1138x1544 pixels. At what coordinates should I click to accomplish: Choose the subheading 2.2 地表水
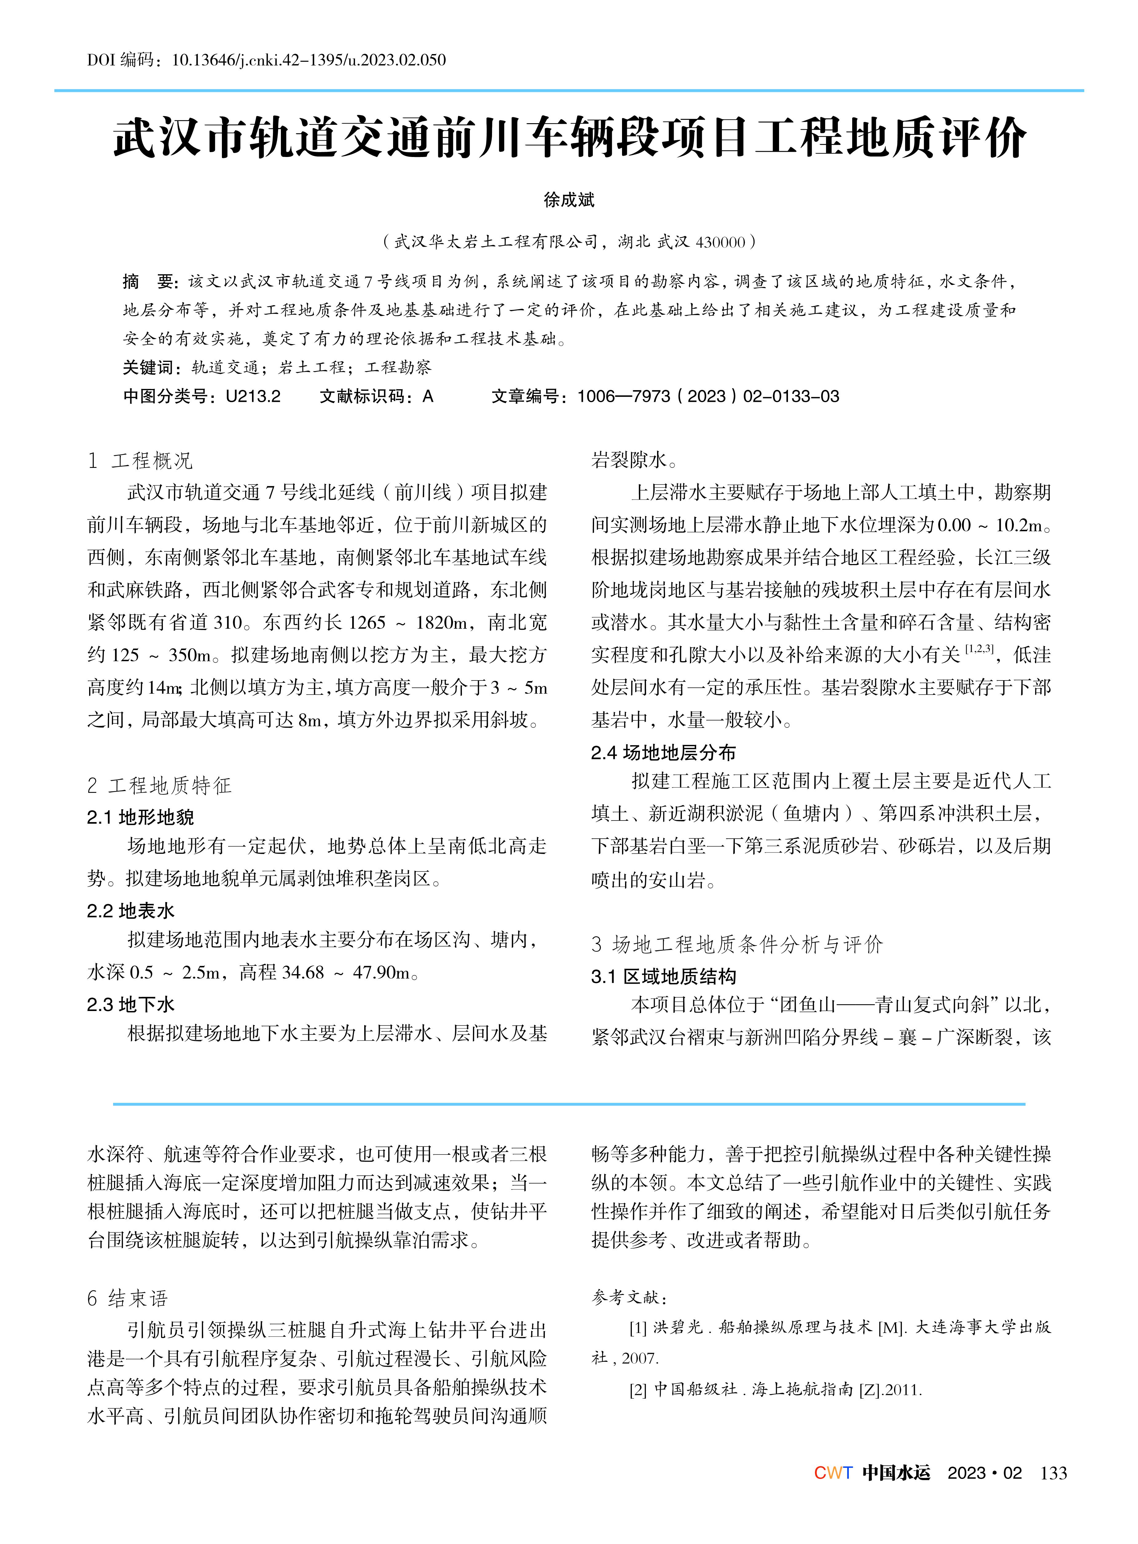coord(131,911)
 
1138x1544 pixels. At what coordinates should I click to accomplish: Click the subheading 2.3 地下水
coord(131,1005)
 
